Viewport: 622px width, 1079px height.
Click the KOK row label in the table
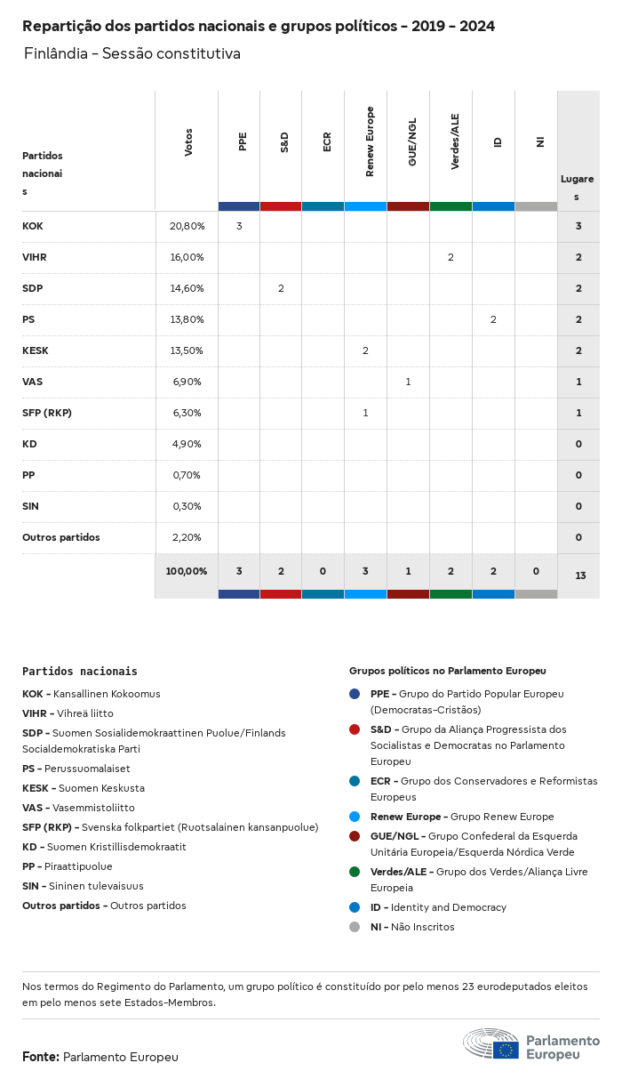tap(33, 226)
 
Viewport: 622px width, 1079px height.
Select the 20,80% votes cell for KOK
tap(187, 226)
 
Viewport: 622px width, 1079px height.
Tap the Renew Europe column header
tap(370, 141)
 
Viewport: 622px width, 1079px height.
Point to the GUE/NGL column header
tap(412, 142)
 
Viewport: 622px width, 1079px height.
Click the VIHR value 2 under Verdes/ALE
tap(451, 257)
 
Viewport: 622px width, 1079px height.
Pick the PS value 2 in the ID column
tap(493, 319)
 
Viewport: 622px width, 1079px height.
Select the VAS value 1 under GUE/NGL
tap(408, 382)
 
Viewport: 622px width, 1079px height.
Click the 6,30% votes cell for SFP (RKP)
tap(187, 413)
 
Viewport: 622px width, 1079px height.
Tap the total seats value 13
tap(580, 576)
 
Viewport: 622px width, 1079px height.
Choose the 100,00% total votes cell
tap(187, 571)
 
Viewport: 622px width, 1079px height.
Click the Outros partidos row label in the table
tap(61, 537)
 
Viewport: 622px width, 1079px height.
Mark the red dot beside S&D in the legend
tap(355, 729)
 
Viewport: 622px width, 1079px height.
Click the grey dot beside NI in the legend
tap(355, 927)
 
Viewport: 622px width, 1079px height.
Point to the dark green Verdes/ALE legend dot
tap(355, 872)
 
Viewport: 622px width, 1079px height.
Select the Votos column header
tap(188, 142)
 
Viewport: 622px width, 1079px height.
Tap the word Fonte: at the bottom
tap(41, 1057)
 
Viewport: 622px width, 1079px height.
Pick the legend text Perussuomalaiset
tap(87, 769)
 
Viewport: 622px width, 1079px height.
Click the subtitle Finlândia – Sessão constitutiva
tap(132, 54)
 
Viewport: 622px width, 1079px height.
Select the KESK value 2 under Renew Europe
tap(365, 350)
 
